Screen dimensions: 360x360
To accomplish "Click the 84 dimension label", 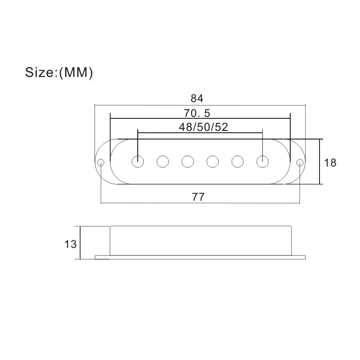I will tap(197, 98).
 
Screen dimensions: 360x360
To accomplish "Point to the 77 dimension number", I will tap(198, 197).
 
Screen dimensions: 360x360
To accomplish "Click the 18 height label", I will tap(330, 162).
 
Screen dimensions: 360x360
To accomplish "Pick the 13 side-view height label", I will tap(70, 244).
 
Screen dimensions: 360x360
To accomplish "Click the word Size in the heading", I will tap(40, 73).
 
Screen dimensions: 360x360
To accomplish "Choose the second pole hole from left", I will tap(162, 161).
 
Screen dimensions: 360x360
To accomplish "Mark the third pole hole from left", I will tap(187, 161).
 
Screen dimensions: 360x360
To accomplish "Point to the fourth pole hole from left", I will tap(212, 161).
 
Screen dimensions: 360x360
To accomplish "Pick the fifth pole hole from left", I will tap(237, 161).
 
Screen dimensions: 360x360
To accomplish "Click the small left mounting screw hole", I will tap(101, 162).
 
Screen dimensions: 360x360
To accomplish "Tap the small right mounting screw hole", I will tap(299, 162).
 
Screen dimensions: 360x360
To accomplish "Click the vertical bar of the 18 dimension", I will tap(320, 162).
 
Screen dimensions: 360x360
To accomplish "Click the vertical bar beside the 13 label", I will tap(80, 243).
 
